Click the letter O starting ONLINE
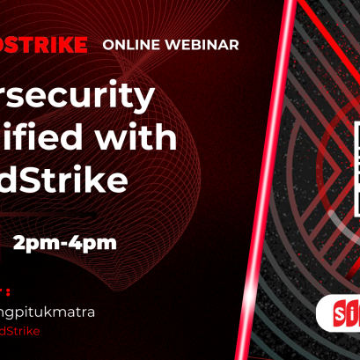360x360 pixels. (x=108, y=44)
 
